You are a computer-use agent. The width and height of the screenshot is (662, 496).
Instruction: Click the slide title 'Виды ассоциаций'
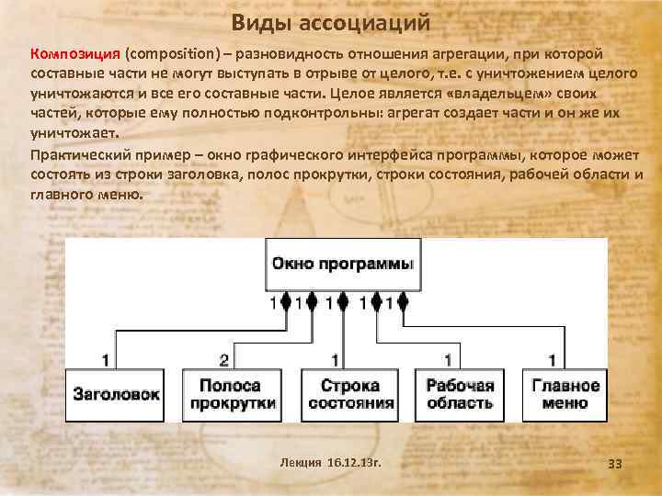click(x=330, y=20)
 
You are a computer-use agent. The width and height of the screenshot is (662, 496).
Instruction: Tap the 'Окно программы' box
click(x=343, y=263)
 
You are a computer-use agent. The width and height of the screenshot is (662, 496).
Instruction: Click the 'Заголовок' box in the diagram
click(x=117, y=394)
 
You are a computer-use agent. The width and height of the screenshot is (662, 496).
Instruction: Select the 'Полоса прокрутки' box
click(x=229, y=394)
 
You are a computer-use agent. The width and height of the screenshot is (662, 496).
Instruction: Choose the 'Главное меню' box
click(x=565, y=394)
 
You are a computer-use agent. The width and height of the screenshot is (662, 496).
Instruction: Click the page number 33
click(x=615, y=464)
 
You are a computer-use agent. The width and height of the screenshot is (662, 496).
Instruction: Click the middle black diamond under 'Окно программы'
click(x=343, y=301)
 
